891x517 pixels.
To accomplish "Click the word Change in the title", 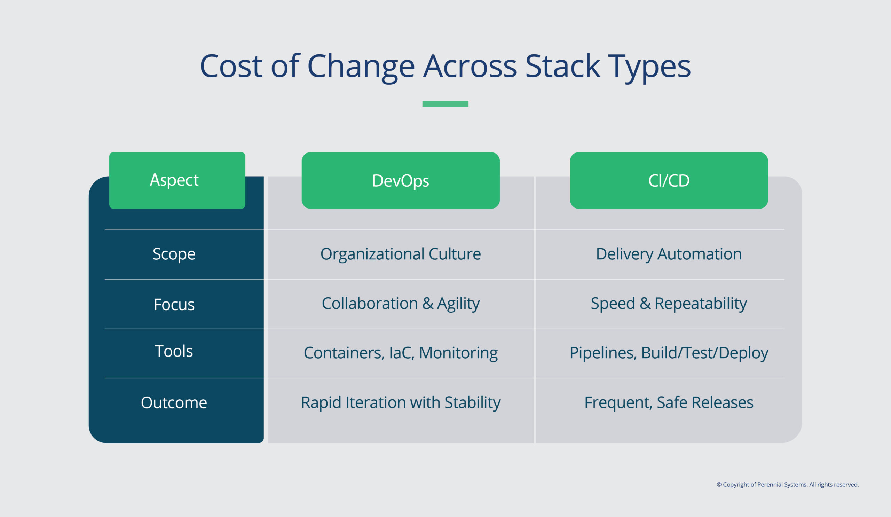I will pos(361,66).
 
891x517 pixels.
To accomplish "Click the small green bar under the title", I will pos(445,104).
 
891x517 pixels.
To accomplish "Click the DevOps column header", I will pos(400,181).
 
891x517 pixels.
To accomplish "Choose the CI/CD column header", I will pos(669,181).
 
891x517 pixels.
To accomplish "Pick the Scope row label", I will pos(174,254).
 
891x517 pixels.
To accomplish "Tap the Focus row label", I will pos(174,305).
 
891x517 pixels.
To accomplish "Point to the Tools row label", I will pos(174,351).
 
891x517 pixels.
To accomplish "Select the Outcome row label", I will pos(174,402).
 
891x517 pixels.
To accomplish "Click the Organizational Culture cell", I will pos(400,254).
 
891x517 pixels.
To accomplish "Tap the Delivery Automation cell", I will pos(669,254).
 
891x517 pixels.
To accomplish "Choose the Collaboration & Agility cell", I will pos(400,303).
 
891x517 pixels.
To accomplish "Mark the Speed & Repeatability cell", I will pos(669,303).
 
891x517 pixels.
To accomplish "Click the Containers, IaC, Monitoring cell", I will pos(400,353).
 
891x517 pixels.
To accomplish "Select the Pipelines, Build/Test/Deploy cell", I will pos(669,353).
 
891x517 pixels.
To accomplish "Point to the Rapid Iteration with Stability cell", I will pos(400,402).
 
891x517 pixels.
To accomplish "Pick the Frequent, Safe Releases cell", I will pos(669,402).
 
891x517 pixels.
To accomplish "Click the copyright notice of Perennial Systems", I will pos(787,485).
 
